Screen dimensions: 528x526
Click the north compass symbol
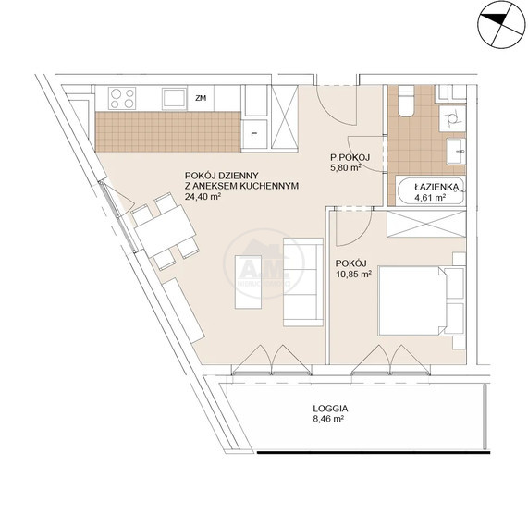pyautogui.click(x=502, y=25)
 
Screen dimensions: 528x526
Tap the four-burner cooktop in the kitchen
pyautogui.click(x=122, y=98)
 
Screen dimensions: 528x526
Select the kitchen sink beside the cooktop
pyautogui.click(x=174, y=99)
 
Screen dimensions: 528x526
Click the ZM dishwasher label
pyautogui.click(x=201, y=98)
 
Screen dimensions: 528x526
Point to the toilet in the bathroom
pyautogui.click(x=405, y=102)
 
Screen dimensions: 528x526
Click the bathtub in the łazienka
pyautogui.click(x=430, y=190)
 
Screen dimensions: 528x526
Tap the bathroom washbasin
pyautogui.click(x=456, y=151)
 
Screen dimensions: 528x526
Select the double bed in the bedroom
pyautogui.click(x=422, y=300)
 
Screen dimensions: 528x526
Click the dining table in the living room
pyautogui.click(x=165, y=231)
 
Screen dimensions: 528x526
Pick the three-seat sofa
pyautogui.click(x=303, y=282)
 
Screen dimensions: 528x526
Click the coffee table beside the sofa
pyautogui.click(x=248, y=282)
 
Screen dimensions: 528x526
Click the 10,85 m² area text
pyautogui.click(x=353, y=274)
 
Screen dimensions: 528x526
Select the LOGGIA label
pyautogui.click(x=330, y=409)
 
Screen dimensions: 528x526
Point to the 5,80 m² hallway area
pyautogui.click(x=346, y=167)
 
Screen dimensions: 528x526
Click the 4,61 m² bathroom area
pyautogui.click(x=430, y=198)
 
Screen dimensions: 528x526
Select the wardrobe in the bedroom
pyautogui.click(x=426, y=224)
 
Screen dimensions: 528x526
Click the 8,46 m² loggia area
pyautogui.click(x=328, y=419)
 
